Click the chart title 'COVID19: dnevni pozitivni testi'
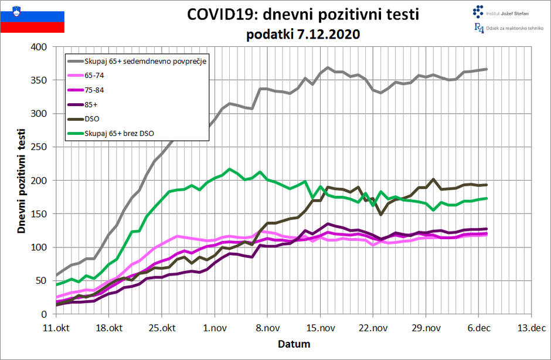point(303,14)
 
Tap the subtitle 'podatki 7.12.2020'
point(303,34)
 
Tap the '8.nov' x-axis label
point(267,328)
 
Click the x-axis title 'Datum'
point(294,344)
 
